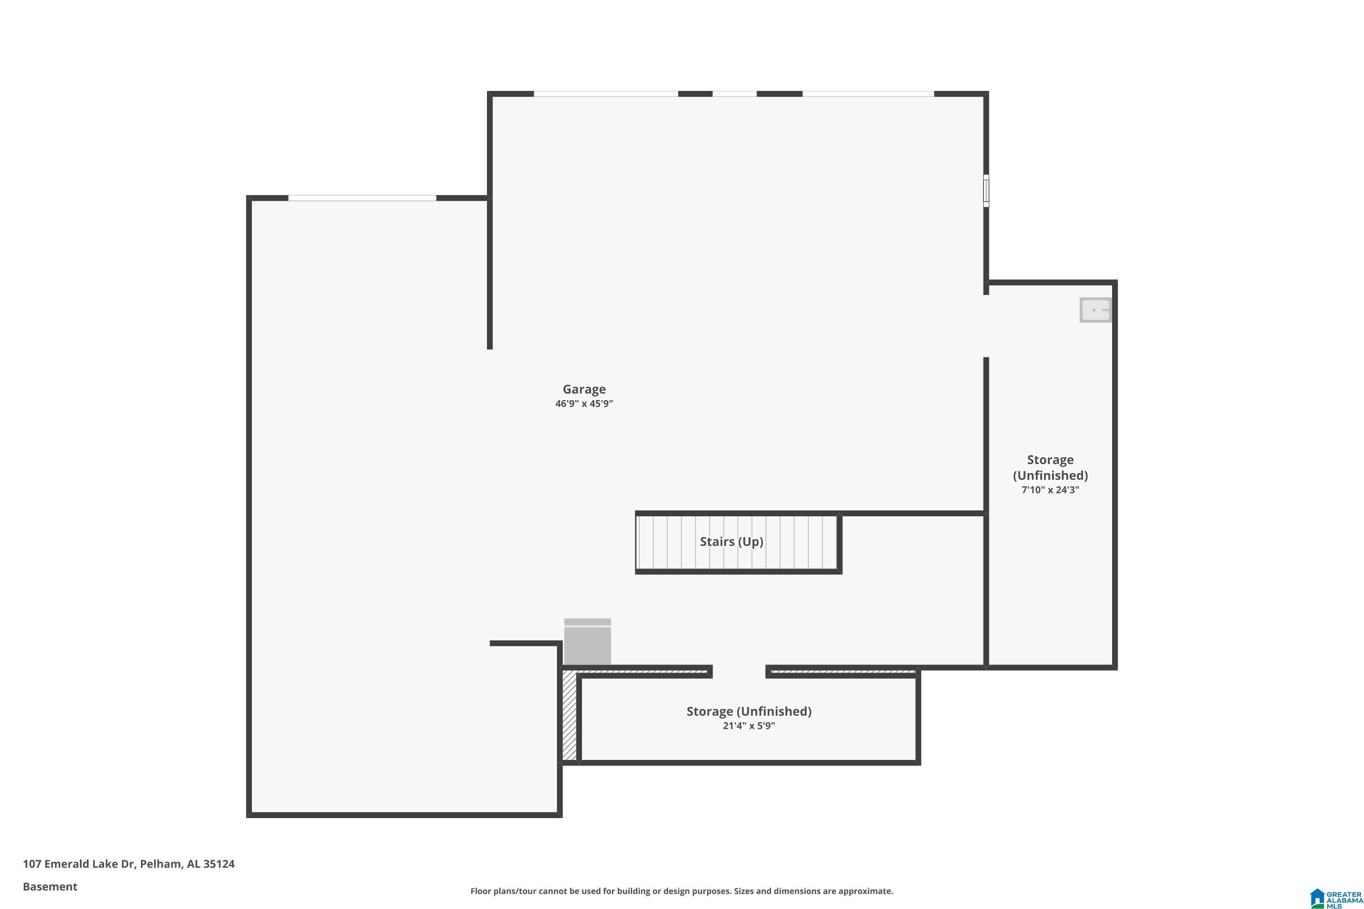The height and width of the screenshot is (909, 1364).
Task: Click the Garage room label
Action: [x=583, y=390]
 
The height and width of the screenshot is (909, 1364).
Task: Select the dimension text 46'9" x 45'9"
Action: [x=583, y=404]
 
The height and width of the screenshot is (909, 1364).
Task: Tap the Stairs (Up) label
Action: [x=731, y=541]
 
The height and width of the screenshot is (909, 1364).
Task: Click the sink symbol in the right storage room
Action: [x=1095, y=310]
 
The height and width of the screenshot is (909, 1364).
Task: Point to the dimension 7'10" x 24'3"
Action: [x=1050, y=490]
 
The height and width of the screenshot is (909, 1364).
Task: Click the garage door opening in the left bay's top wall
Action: [x=362, y=198]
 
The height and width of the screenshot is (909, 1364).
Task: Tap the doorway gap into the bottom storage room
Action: [x=739, y=672]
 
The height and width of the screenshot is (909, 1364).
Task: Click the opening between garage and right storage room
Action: [x=985, y=326]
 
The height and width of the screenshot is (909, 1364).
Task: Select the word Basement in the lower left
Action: [x=50, y=886]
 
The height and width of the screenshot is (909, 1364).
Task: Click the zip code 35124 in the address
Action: [x=219, y=864]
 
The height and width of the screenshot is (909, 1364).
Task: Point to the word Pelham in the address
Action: [x=160, y=864]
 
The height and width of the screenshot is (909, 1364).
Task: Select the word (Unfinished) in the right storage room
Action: [x=1050, y=475]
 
